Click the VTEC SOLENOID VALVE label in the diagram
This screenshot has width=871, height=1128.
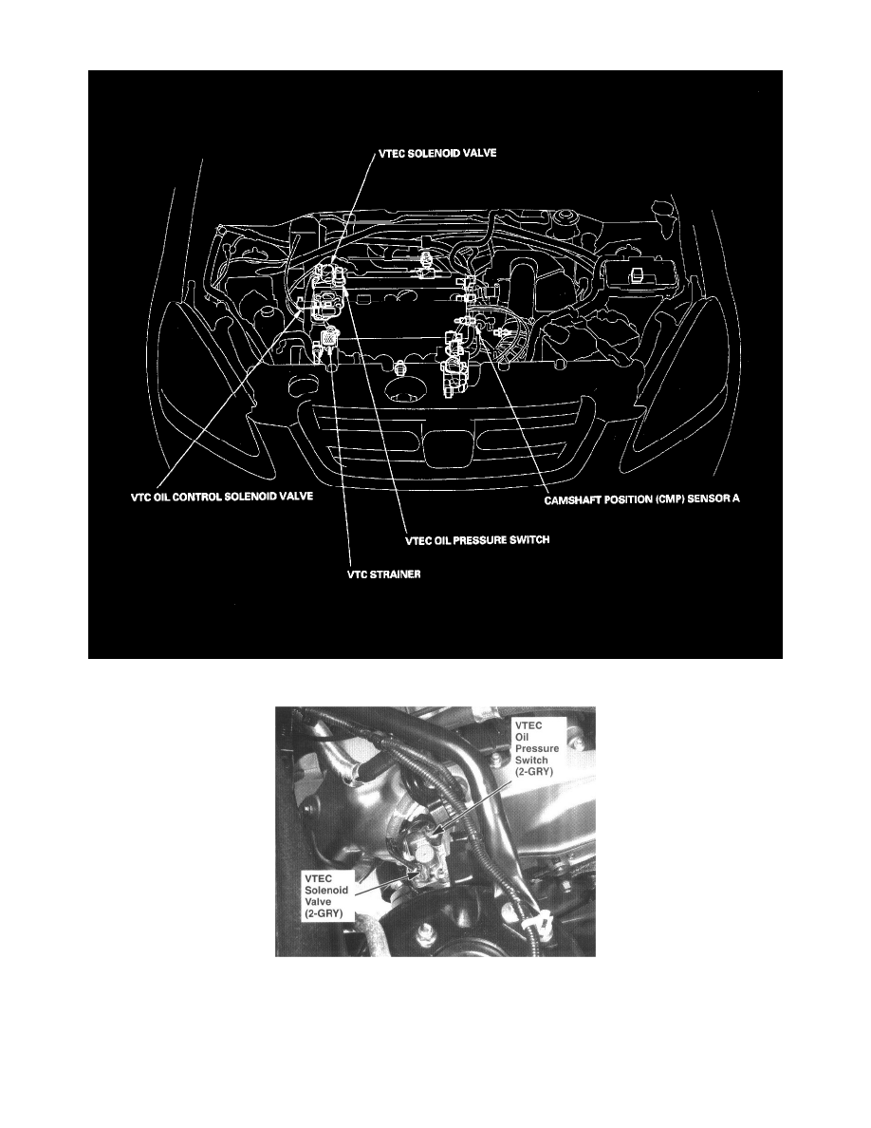pos(437,153)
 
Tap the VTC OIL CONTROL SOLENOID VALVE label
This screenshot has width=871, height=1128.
pos(221,497)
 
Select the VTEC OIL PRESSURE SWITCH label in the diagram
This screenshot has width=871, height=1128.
pos(477,538)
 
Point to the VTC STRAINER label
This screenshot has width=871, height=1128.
pos(384,573)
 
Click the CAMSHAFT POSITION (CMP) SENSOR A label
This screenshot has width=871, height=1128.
pos(641,499)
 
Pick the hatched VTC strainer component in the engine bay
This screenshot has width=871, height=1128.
pos(330,334)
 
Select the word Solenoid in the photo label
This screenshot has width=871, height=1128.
pos(326,890)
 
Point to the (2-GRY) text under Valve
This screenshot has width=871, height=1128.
pos(324,912)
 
